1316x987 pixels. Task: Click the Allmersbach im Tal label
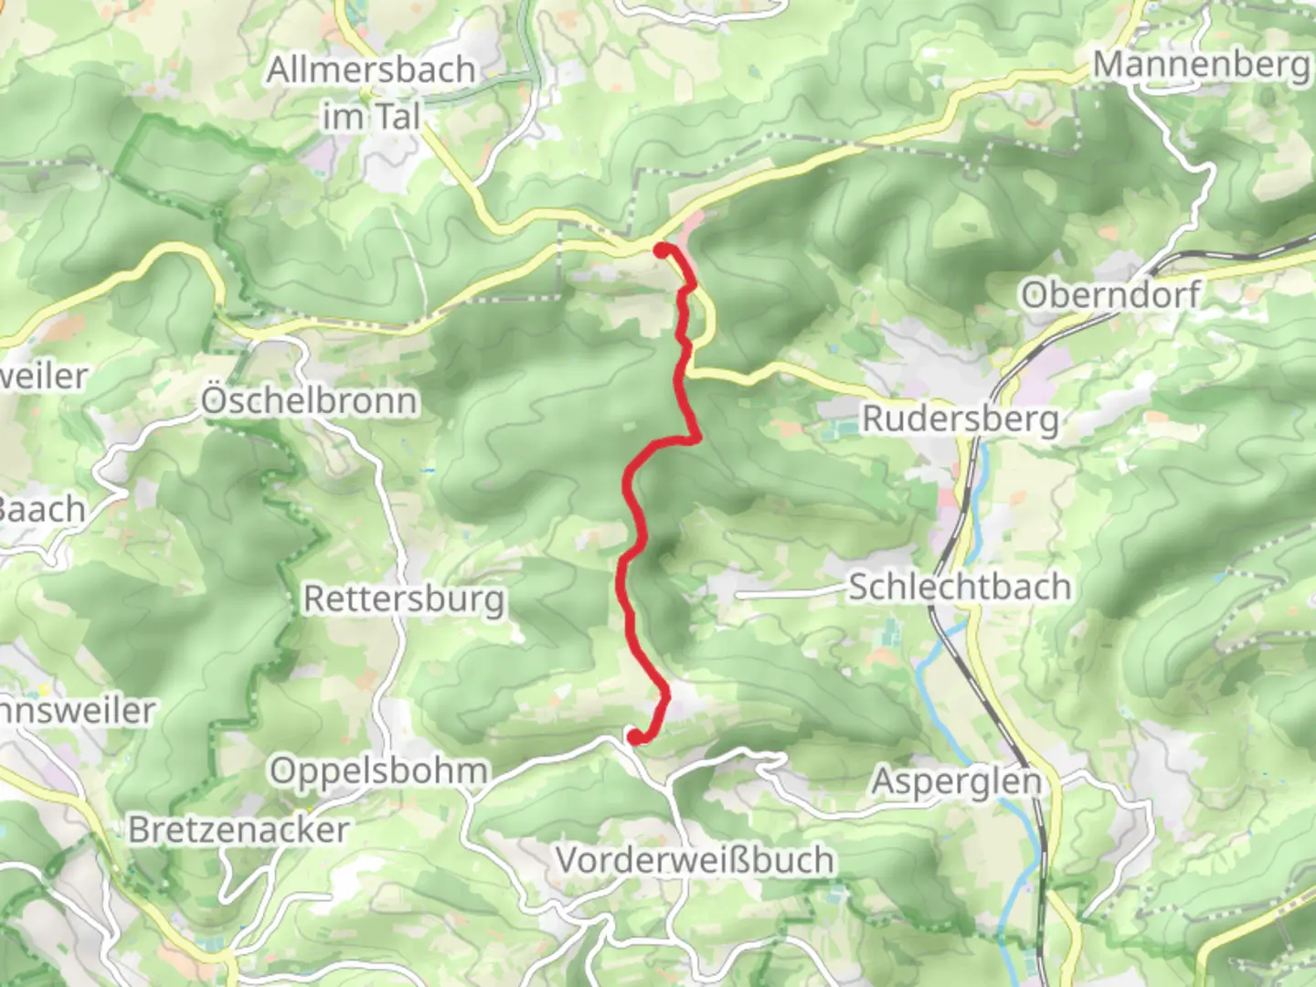[371, 92]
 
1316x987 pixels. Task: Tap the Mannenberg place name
[1201, 64]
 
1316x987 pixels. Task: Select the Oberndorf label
[1110, 294]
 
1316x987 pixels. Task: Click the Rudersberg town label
[960, 419]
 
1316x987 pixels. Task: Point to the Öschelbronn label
[309, 400]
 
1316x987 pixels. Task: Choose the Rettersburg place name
[404, 599]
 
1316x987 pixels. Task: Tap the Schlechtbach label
[960, 586]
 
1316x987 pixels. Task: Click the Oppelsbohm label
[378, 770]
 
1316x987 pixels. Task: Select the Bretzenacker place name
[239, 830]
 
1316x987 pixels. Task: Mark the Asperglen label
[957, 781]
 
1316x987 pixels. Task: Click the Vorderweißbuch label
[695, 860]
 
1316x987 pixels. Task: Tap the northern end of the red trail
[661, 249]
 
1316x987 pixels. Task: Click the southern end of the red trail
[633, 736]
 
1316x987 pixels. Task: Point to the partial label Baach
[42, 509]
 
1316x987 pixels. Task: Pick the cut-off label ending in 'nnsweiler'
[77, 710]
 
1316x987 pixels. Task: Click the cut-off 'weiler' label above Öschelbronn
[44, 376]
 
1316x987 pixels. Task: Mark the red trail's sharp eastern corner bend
[697, 439]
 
